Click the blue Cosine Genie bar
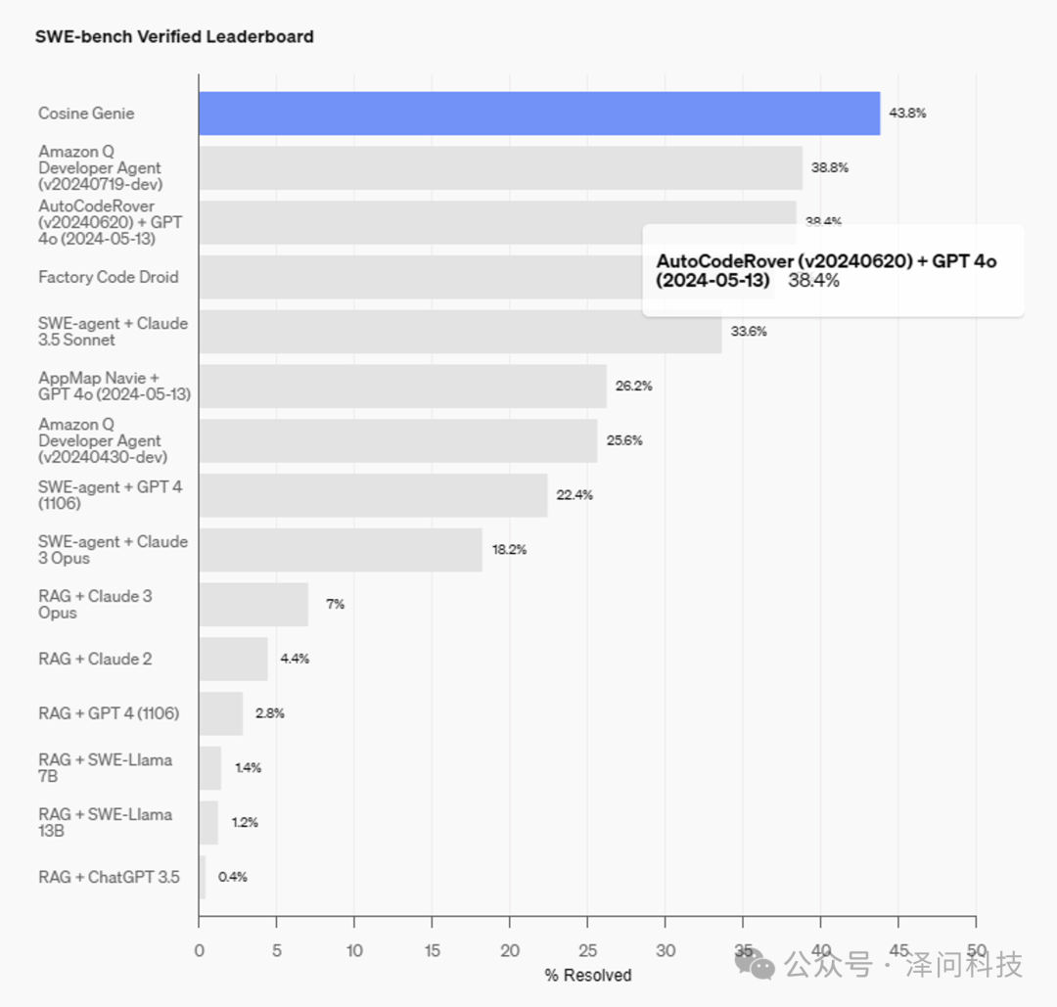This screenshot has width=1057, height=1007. tap(538, 114)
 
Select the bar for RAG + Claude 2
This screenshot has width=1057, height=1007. tap(233, 659)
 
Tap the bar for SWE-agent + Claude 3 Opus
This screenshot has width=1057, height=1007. tap(340, 550)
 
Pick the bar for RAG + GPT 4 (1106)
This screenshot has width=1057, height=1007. tap(220, 713)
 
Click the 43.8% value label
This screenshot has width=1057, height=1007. tap(907, 114)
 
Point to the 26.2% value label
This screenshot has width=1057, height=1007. tap(633, 386)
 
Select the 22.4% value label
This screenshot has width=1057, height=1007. tap(574, 495)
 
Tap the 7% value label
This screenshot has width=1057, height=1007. tap(335, 604)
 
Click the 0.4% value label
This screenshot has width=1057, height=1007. tap(233, 877)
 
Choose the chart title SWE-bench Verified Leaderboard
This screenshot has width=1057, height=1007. tap(174, 37)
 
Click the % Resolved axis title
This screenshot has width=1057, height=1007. tap(587, 975)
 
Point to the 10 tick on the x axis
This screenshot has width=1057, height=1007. tap(354, 950)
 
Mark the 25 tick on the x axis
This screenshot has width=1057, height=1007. tap(587, 950)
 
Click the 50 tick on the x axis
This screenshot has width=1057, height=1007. tap(976, 950)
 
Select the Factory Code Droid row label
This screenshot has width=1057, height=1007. tap(109, 277)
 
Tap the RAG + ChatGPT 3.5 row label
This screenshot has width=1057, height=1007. tap(109, 877)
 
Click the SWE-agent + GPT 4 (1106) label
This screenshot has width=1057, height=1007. tap(110, 495)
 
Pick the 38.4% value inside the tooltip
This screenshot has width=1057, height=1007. tap(814, 281)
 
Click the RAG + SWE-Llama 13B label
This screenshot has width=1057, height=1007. tap(105, 822)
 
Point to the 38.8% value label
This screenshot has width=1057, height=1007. tap(829, 167)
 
